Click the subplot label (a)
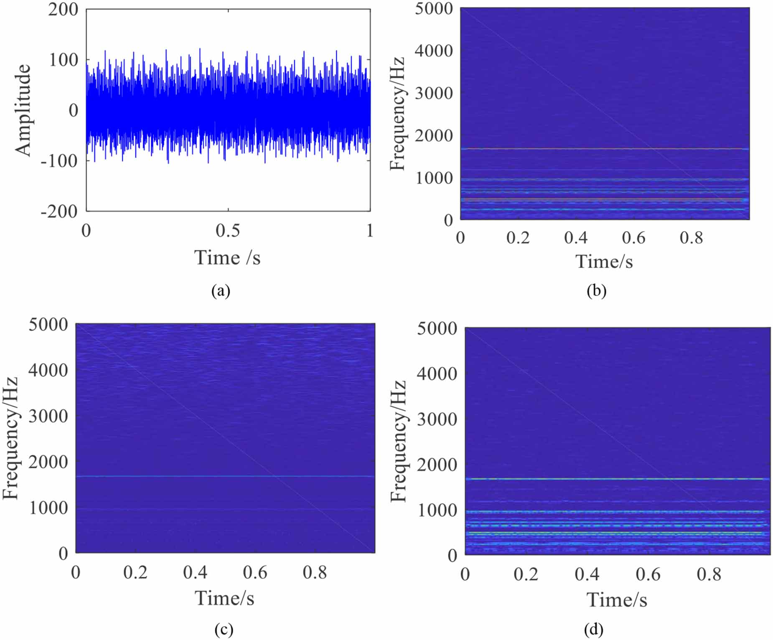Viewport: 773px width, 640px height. tap(221, 291)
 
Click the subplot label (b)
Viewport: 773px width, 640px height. tap(596, 291)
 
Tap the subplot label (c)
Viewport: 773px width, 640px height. tap(224, 629)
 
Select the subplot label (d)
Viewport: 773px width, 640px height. tap(594, 629)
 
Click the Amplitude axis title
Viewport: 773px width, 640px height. tap(23, 110)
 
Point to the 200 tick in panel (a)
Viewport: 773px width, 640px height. tap(63, 9)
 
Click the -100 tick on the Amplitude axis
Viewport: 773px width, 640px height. tap(59, 161)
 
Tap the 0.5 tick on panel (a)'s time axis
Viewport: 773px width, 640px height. tap(228, 230)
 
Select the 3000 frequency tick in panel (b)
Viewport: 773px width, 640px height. tap(434, 93)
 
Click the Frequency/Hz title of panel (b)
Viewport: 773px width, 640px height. tap(397, 114)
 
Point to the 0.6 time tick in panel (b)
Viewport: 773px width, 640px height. tap(633, 238)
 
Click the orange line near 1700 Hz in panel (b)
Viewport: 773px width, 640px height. tap(602, 148)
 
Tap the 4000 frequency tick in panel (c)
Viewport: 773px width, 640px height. tap(48, 370)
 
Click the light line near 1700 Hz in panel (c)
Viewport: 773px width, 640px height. tap(226, 476)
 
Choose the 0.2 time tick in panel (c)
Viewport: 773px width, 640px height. tap(135, 572)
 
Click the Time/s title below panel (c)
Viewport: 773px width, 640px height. tap(224, 598)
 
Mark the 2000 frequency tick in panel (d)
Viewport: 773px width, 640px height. tap(437, 464)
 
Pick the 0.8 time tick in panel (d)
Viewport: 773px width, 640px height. tap(709, 574)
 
